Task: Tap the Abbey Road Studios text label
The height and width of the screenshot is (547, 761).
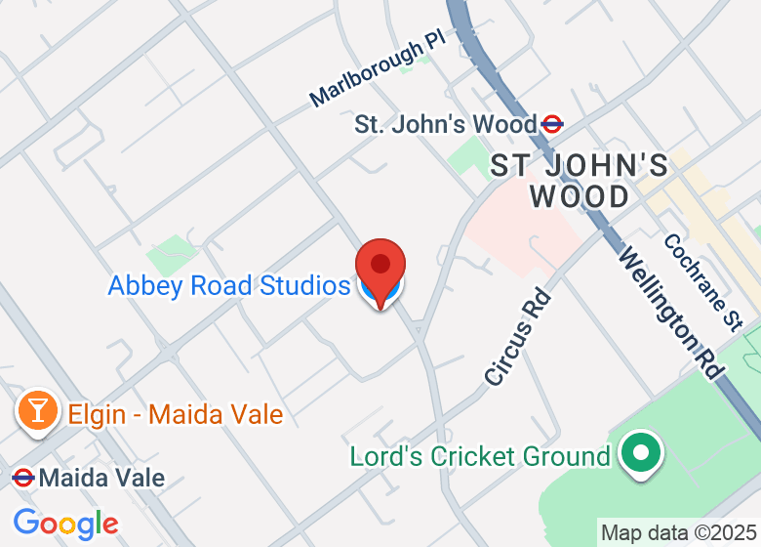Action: (228, 286)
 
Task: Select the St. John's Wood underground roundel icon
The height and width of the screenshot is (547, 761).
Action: (552, 124)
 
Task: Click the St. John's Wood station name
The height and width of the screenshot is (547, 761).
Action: (445, 125)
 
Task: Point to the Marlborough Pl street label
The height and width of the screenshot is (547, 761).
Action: (376, 74)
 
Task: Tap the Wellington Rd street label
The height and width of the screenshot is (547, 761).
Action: (671, 312)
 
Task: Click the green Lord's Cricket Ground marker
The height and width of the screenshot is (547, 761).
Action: (641, 453)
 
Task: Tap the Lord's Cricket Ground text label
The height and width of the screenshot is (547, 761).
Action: (479, 456)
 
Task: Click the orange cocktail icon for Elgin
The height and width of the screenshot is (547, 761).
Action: (37, 410)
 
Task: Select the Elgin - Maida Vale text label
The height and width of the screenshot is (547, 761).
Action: (176, 414)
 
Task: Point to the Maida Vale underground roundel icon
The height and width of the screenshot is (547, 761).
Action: (22, 479)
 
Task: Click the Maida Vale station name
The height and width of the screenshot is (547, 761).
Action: (102, 479)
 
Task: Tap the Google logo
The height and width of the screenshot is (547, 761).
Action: (65, 524)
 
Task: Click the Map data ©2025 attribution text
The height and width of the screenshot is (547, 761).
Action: (678, 533)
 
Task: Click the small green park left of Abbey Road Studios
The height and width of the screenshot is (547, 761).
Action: (172, 254)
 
